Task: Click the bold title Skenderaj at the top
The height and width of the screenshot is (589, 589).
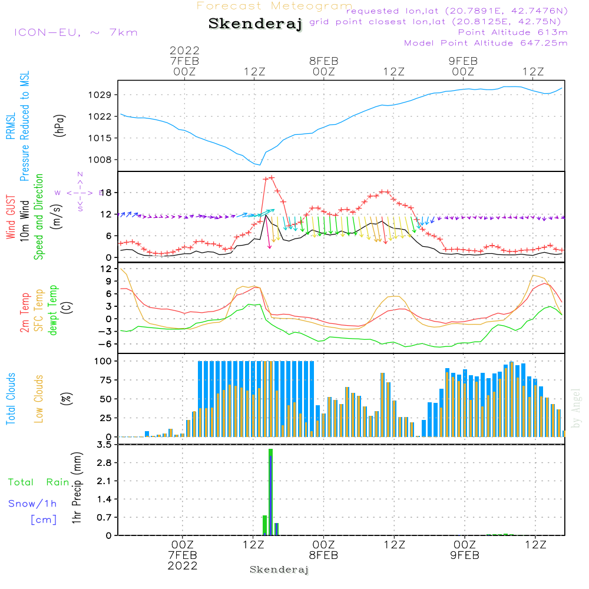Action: point(255,24)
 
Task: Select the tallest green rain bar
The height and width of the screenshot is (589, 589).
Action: point(270,492)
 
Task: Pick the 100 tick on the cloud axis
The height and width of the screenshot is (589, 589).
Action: point(104,360)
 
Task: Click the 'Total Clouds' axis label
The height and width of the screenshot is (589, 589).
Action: point(11,399)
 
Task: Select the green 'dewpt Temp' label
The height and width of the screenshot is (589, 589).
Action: point(53,310)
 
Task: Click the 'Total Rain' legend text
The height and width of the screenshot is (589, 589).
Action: point(38,482)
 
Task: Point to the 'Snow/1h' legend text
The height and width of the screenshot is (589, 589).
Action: point(32,504)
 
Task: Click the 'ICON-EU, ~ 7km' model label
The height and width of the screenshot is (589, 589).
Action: point(75,32)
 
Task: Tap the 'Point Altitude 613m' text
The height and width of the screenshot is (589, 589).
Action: point(512,32)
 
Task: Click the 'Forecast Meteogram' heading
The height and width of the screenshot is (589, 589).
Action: point(274,6)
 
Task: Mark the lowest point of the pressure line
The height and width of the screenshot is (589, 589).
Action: point(260,165)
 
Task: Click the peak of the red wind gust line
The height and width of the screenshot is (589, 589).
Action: point(272,177)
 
